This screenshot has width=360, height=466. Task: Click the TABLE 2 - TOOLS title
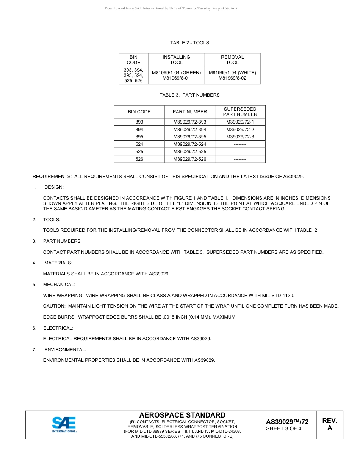tap(189, 43)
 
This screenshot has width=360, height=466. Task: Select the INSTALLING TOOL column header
tap(176, 60)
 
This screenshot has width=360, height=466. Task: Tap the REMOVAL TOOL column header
tap(232, 60)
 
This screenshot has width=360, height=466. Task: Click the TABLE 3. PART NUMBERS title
tap(189, 95)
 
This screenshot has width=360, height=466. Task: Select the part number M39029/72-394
tap(190, 130)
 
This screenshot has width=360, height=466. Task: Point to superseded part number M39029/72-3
tap(240, 137)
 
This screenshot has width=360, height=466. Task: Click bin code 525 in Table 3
tap(139, 152)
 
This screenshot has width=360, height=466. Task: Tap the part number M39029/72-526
tap(190, 159)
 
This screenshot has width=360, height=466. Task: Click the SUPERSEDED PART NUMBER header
tap(240, 112)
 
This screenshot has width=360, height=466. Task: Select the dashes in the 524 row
tap(240, 144)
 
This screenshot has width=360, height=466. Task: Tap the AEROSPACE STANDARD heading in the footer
tap(182, 415)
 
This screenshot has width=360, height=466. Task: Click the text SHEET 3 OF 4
tap(284, 429)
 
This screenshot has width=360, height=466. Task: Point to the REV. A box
tap(329, 425)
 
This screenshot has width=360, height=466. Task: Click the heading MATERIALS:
tap(58, 263)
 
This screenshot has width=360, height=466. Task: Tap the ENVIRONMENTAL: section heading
tap(65, 350)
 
